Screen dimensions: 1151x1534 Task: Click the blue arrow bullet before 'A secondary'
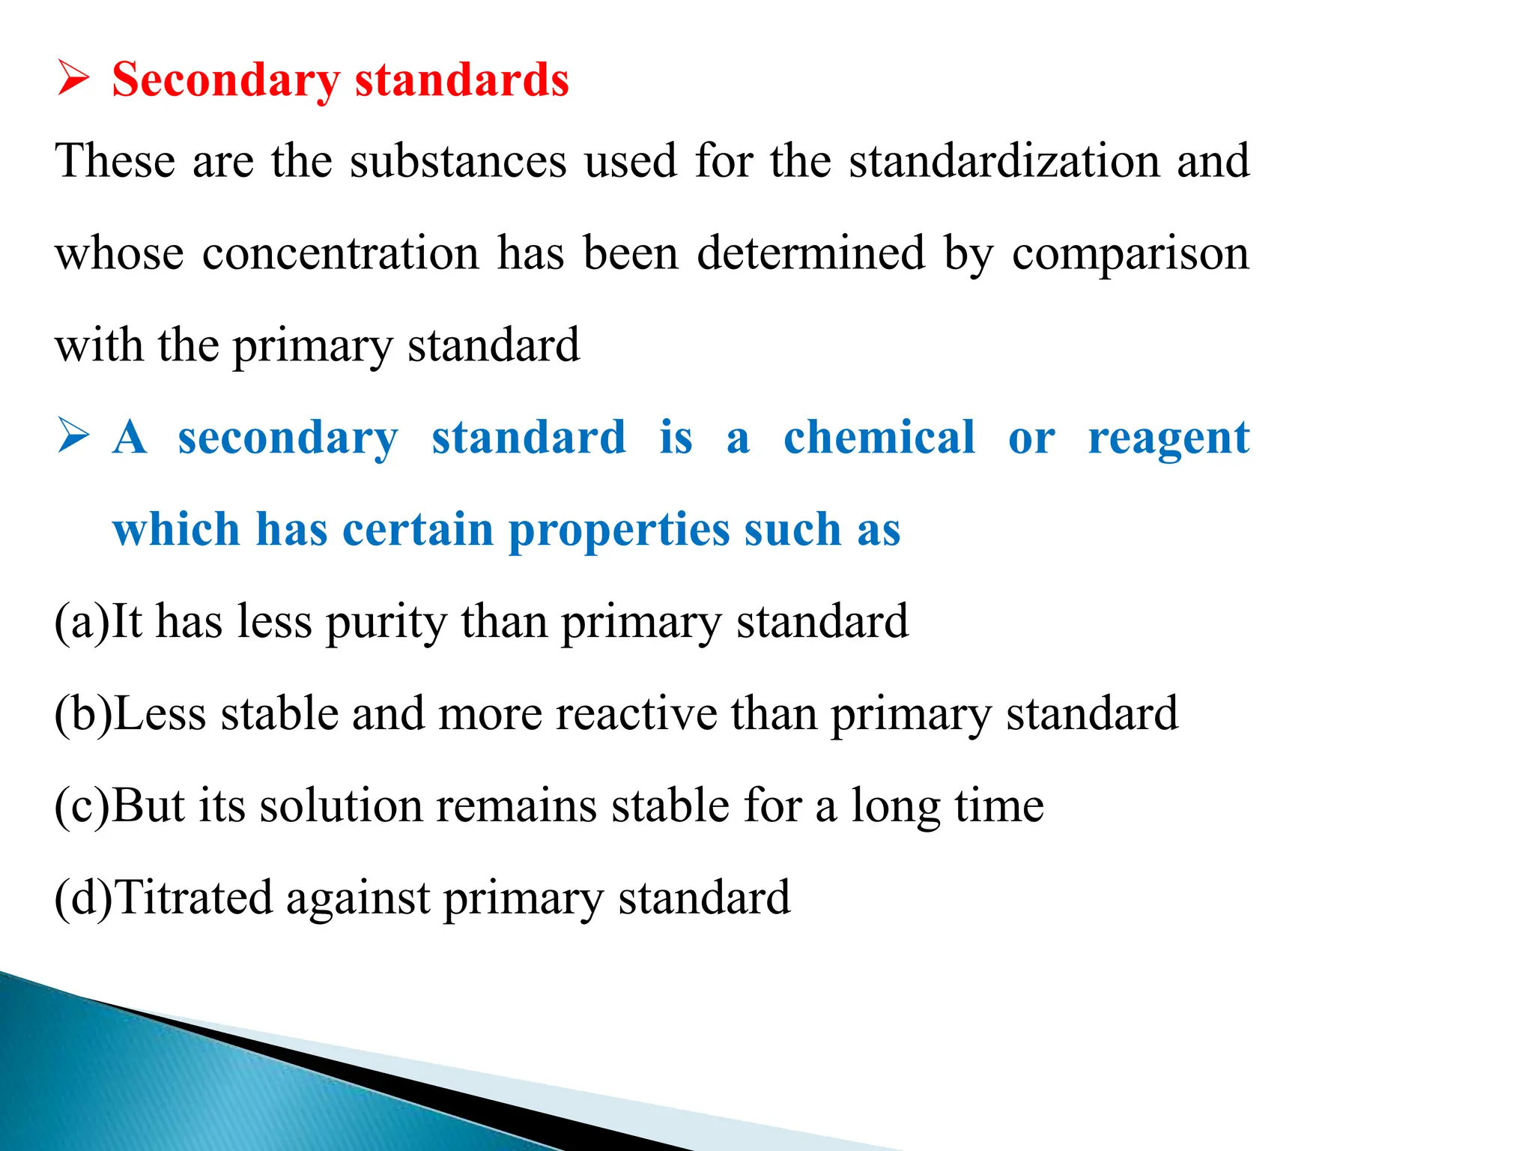73,437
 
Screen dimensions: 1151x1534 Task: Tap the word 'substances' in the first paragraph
458,160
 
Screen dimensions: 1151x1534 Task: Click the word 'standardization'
1004,160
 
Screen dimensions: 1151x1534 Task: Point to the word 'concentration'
340,253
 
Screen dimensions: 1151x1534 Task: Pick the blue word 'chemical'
879,438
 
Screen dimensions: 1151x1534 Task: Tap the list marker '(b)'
83,714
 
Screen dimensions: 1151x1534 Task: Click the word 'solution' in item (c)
341,806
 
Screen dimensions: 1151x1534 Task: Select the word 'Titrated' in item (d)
193,898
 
